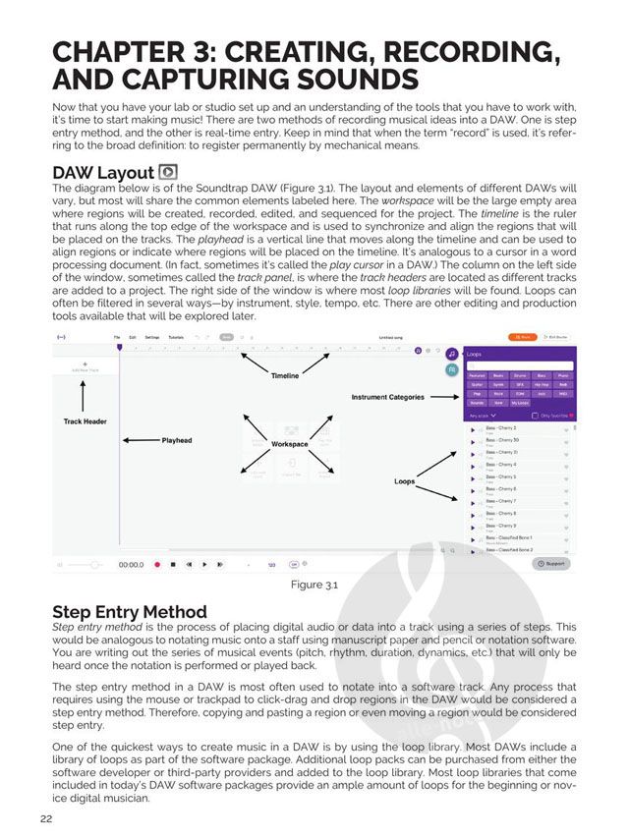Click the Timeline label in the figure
pos(285,376)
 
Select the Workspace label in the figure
pos(290,444)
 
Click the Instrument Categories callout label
pos(388,397)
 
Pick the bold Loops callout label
pos(405,481)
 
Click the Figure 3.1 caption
pos(314,586)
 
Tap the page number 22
pos(46,819)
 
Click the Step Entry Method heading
pos(130,612)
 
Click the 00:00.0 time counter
pos(131,565)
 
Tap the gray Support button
pos(551,564)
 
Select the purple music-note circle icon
pos(450,353)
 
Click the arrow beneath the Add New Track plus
pos(83,395)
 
